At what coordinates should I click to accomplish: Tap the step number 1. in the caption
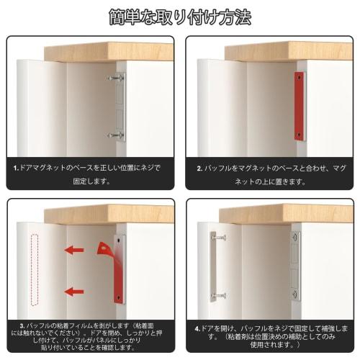[x=17, y=168]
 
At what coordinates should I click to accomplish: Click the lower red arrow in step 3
[x=73, y=292]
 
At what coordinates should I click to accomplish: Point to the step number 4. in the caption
[x=198, y=328]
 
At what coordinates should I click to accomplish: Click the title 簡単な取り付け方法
[x=179, y=16]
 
